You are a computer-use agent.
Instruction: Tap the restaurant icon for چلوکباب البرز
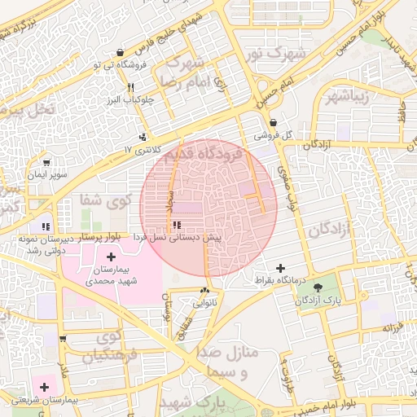(x=129, y=87)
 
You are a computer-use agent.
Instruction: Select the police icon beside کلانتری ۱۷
(x=144, y=138)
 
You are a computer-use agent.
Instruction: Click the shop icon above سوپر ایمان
(x=46, y=163)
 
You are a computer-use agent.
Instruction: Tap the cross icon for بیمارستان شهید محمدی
(x=112, y=257)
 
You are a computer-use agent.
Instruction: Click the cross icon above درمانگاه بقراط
(x=281, y=268)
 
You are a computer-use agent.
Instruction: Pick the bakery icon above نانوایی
(x=204, y=290)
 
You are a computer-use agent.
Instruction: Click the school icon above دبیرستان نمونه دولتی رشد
(x=46, y=226)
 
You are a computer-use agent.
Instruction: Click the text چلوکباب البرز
(x=130, y=101)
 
